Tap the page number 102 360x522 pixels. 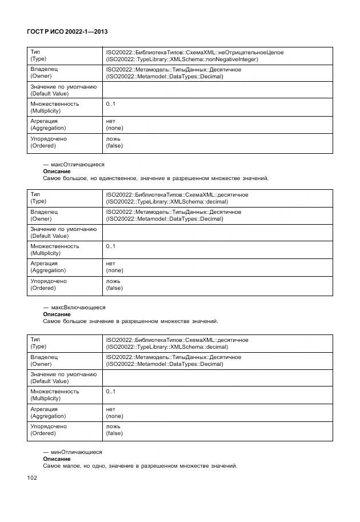point(31,478)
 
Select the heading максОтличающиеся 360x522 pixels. point(74,164)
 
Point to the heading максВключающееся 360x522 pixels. point(74,308)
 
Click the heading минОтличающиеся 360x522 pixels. point(73,452)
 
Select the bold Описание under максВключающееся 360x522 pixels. point(57,314)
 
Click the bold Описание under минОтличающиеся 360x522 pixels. point(57,459)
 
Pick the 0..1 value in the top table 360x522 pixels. point(110,104)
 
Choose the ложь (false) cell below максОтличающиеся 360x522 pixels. point(114,284)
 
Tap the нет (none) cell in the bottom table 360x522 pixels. point(114,412)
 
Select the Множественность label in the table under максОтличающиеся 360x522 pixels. point(55,246)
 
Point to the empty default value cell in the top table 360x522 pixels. point(217,90)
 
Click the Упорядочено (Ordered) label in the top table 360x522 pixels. point(49,142)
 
